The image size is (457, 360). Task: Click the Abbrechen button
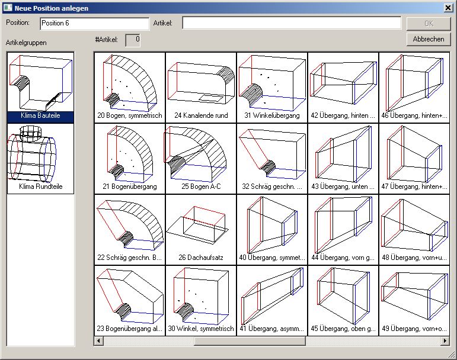click(429, 39)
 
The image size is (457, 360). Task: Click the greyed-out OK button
click(429, 24)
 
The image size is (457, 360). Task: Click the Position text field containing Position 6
click(94, 23)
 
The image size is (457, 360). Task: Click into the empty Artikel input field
click(291, 23)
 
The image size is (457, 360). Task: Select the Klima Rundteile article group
click(40, 158)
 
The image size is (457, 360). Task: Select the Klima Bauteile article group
click(40, 86)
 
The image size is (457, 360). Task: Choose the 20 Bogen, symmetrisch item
click(129, 87)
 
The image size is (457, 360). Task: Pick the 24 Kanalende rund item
click(200, 87)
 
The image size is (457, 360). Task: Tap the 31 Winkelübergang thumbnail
click(271, 87)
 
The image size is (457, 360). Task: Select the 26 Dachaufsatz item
click(200, 229)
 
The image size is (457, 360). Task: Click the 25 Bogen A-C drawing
click(200, 158)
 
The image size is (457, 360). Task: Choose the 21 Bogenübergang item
click(129, 158)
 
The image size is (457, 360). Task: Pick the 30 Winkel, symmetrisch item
click(200, 300)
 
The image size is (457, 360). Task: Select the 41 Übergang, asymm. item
click(271, 300)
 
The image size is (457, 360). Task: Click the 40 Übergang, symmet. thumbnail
click(271, 229)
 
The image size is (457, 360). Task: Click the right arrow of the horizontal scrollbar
click(445, 341)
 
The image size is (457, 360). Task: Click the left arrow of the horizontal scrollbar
click(98, 341)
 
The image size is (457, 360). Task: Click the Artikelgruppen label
click(26, 43)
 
